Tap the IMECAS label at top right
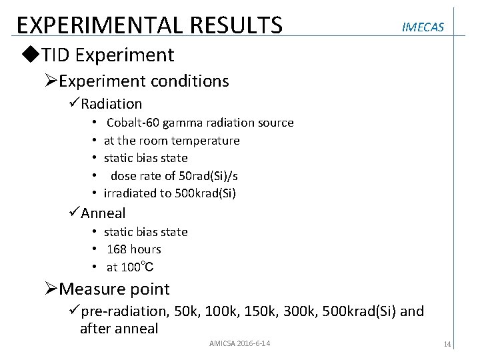coord(423,27)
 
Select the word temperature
coord(205,141)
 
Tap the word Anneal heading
coord(103,213)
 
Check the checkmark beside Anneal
coord(73,213)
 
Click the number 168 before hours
coord(117,249)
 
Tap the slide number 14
coord(447,344)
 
